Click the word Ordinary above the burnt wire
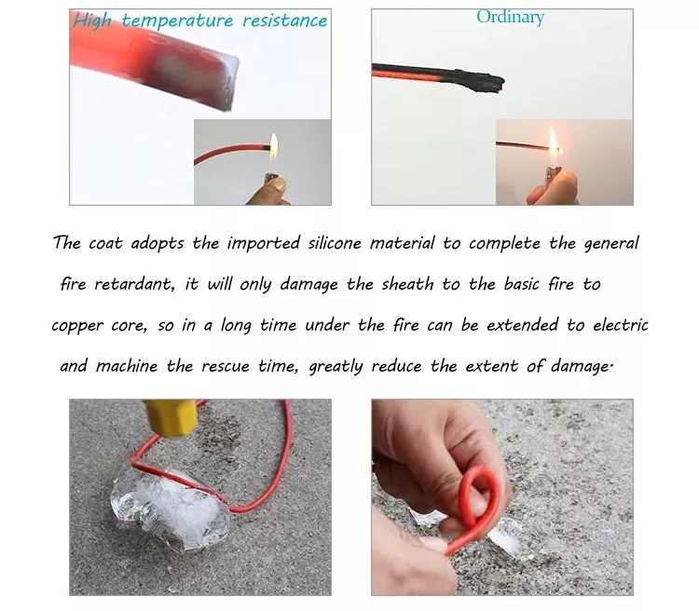click(x=510, y=17)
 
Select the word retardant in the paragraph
click(x=133, y=285)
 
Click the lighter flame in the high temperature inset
click(x=274, y=144)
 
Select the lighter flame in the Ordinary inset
click(x=552, y=144)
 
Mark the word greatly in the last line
click(x=336, y=366)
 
